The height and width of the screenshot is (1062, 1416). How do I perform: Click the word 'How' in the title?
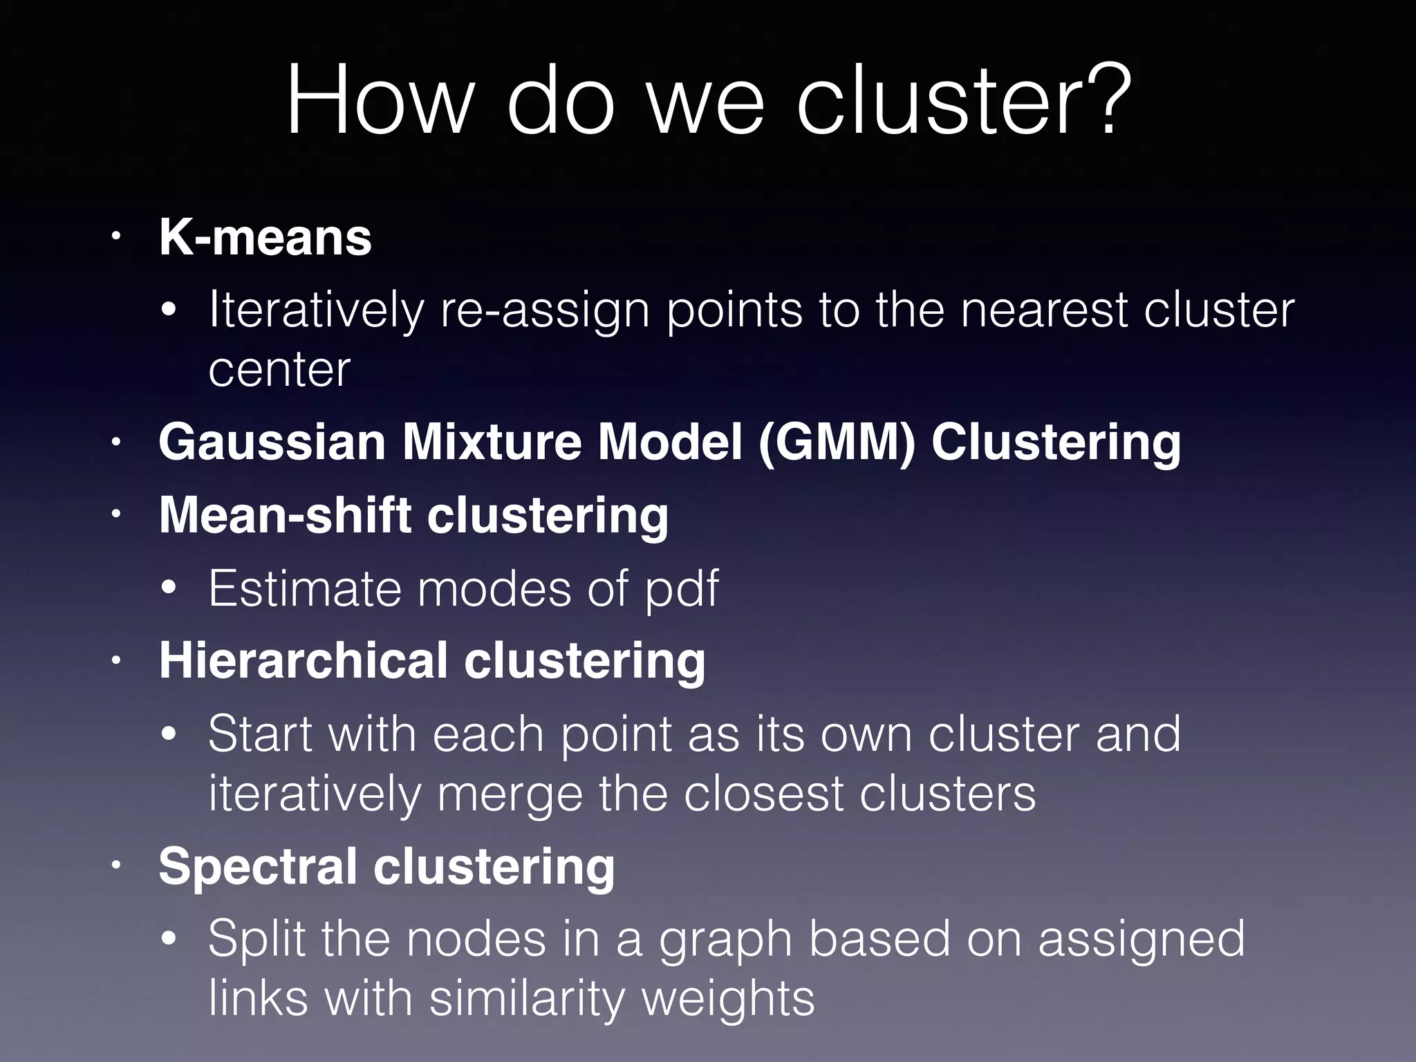tap(379, 100)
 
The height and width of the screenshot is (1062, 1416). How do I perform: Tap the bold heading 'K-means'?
tap(265, 238)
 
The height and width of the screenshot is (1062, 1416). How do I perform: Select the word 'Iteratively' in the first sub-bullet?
tap(315, 310)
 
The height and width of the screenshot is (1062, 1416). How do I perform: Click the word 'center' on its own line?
tap(279, 370)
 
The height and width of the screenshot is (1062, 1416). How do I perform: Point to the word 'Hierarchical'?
tap(303, 661)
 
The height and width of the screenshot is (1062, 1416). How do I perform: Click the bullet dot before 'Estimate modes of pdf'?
tap(169, 589)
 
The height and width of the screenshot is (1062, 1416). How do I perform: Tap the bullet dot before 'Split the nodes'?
tap(169, 939)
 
